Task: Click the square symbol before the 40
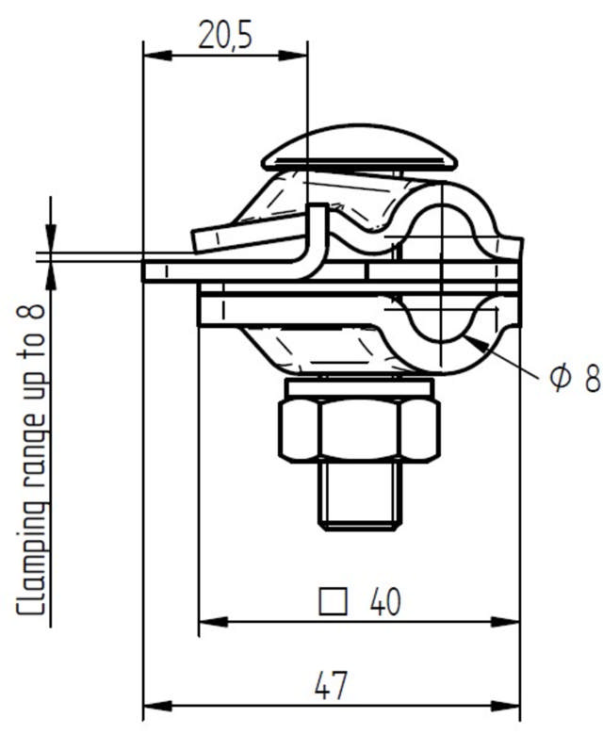tap(330, 601)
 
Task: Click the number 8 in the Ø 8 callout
tap(591, 378)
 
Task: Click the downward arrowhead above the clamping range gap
tap(51, 240)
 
